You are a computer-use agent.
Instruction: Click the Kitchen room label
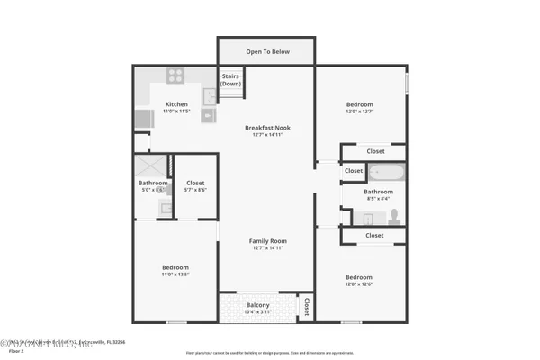pyautogui.click(x=176, y=104)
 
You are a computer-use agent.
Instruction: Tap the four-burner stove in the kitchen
pyautogui.click(x=175, y=76)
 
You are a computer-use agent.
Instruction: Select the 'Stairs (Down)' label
pyautogui.click(x=230, y=79)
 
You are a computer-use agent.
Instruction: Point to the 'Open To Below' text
pyautogui.click(x=268, y=51)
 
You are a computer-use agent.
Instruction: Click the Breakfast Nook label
pyautogui.click(x=267, y=128)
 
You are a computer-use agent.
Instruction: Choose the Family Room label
pyautogui.click(x=267, y=240)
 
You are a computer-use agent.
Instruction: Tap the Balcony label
pyautogui.click(x=257, y=304)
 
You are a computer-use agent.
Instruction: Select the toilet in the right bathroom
pyautogui.click(x=393, y=216)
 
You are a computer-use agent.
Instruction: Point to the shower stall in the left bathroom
pyautogui.click(x=152, y=166)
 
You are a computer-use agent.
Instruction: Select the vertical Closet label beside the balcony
pyautogui.click(x=307, y=307)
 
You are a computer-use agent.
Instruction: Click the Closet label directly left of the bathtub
pyautogui.click(x=354, y=170)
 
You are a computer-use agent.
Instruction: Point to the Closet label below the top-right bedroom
pyautogui.click(x=375, y=151)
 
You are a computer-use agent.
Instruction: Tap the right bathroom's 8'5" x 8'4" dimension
pyautogui.click(x=378, y=198)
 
